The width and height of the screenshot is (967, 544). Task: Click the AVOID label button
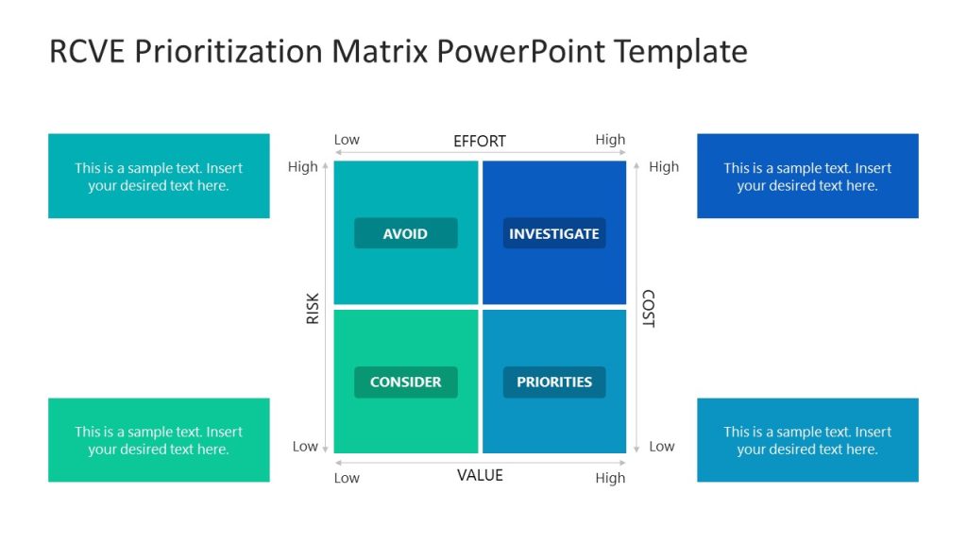click(x=405, y=233)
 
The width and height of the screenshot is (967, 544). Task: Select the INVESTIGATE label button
click(x=553, y=233)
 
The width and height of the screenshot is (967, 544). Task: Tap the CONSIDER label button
click(x=405, y=382)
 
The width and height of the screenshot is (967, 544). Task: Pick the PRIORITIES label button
click(x=553, y=382)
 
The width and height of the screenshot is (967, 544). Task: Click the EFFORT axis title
click(x=480, y=141)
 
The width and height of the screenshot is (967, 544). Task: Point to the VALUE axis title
click(x=480, y=475)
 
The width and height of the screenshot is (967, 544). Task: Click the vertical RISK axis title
click(x=313, y=309)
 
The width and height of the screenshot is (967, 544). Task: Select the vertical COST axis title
click(x=648, y=309)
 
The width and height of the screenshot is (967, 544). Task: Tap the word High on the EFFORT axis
click(x=610, y=140)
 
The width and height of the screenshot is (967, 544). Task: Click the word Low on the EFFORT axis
click(x=347, y=140)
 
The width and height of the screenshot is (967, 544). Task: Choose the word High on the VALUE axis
click(x=610, y=478)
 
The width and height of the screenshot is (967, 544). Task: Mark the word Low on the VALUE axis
click(x=347, y=478)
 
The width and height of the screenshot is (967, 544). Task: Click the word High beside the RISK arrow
click(x=302, y=167)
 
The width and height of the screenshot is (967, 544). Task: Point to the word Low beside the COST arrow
click(x=662, y=446)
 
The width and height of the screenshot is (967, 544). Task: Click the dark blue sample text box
click(x=807, y=176)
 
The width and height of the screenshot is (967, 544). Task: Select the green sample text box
click(x=159, y=440)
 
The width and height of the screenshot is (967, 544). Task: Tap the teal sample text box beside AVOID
click(x=159, y=176)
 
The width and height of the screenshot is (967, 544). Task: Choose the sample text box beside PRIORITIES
click(x=807, y=440)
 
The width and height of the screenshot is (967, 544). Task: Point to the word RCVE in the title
click(x=88, y=51)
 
